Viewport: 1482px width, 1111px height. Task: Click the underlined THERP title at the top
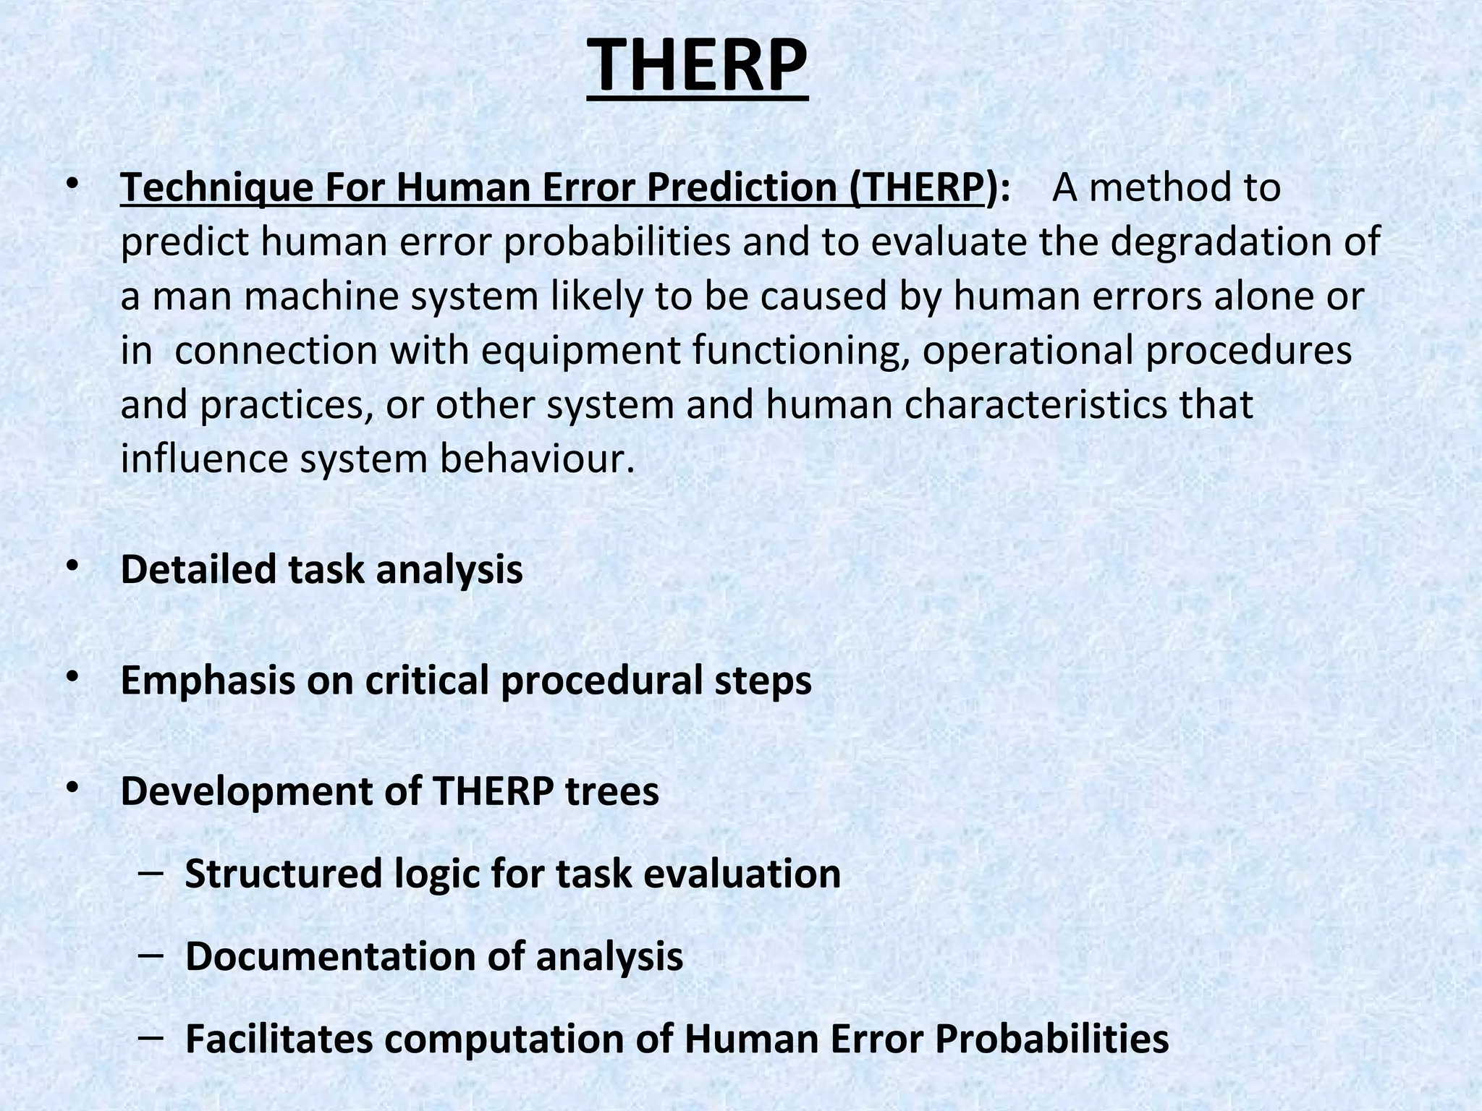pos(697,67)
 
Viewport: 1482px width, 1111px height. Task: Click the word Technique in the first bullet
pos(216,187)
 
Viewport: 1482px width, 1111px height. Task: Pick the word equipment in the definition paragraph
pos(580,350)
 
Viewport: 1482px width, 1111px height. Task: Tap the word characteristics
pos(1036,404)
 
